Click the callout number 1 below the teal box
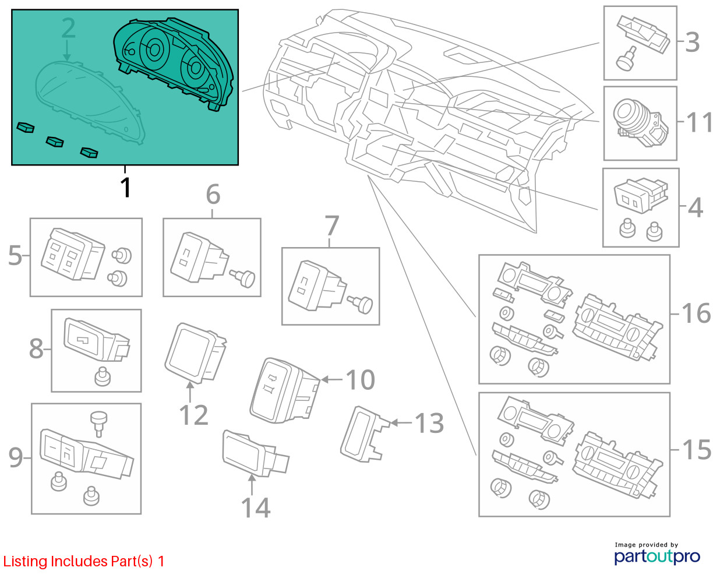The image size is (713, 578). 125,188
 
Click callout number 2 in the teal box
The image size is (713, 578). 68,29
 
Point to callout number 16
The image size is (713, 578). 696,313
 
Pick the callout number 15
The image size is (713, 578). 696,450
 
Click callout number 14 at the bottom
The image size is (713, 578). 256,507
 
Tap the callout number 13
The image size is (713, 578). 429,423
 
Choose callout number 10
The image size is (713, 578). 360,380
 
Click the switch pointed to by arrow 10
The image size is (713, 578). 284,389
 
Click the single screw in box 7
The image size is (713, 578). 363,304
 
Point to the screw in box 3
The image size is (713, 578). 626,61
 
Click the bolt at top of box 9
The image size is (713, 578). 99,421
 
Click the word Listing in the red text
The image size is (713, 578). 26,562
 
